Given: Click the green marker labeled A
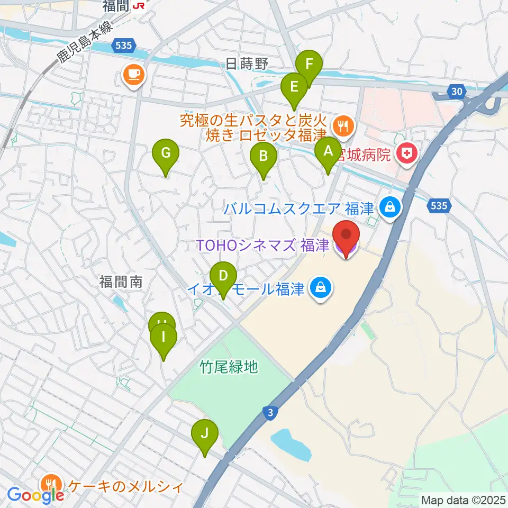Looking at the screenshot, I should (328, 152).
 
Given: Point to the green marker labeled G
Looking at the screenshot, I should (166, 155).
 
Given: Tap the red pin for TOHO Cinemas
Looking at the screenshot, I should (346, 236).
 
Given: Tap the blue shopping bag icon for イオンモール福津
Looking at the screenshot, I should (321, 289).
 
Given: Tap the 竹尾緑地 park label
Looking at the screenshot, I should (229, 366).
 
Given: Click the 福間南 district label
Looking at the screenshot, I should (120, 282).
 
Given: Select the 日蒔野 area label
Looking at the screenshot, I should (247, 65).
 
